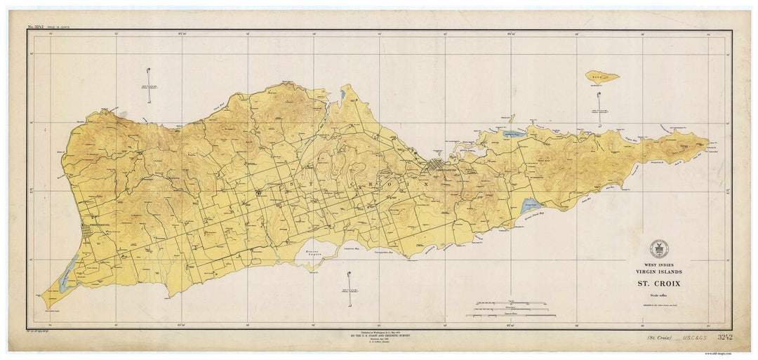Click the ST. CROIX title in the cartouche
tap(658, 284)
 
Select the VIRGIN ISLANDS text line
tap(658, 272)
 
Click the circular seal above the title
tap(658, 248)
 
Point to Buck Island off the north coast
tap(602, 76)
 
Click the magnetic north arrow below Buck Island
tap(599, 109)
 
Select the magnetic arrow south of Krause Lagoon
tap(349, 288)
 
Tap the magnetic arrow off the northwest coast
tap(149, 85)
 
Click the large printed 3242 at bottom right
tap(725, 338)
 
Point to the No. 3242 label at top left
tap(39, 27)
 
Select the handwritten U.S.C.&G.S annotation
tap(697, 338)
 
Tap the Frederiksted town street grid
tap(88, 231)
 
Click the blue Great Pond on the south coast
tap(530, 206)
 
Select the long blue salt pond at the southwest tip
tap(69, 273)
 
